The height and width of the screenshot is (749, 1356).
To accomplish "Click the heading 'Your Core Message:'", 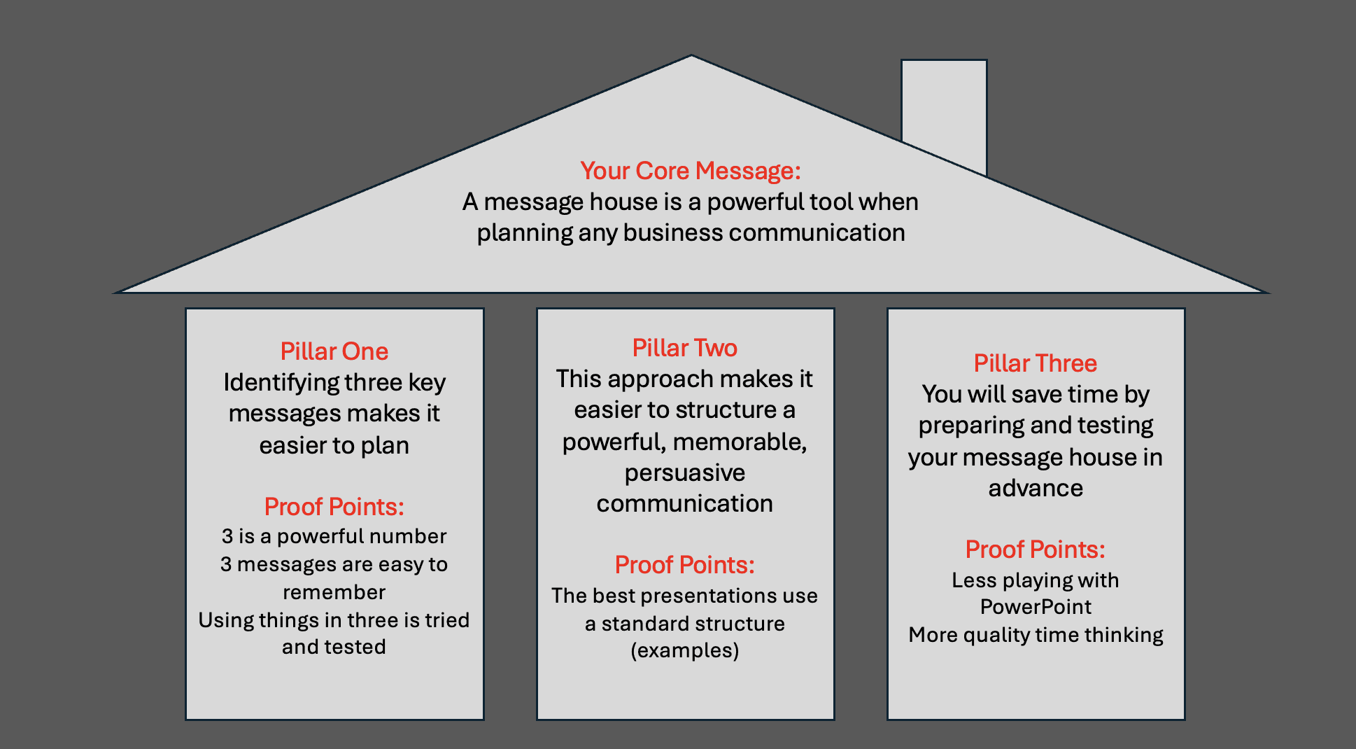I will pos(690,171).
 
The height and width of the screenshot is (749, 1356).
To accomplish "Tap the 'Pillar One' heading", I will pos(334,351).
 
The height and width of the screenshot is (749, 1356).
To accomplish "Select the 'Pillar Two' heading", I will pos(684,348).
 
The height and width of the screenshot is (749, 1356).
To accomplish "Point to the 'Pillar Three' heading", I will pos(1035,363).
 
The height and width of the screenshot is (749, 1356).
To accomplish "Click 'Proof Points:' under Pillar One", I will pos(334,507).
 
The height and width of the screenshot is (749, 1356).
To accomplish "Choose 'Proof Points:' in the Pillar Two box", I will pos(684,565).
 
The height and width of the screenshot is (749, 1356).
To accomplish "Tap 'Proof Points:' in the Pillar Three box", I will pos(1035,549).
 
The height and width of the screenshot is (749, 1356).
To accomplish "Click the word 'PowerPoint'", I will pos(1035,607).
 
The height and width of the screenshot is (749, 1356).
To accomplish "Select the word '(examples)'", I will pos(684,651).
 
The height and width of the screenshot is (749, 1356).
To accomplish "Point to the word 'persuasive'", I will pos(684,473).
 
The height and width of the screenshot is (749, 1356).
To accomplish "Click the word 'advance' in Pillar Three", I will pos(1035,488).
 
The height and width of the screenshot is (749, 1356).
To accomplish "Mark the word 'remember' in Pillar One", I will pos(334,593).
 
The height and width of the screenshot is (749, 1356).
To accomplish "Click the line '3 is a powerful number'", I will pos(334,537).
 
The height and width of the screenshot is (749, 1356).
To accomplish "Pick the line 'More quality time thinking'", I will pos(1035,635).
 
